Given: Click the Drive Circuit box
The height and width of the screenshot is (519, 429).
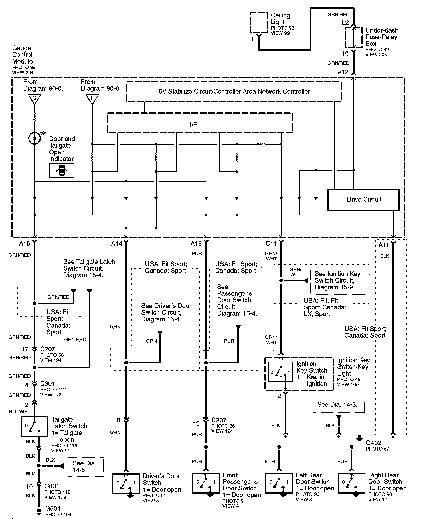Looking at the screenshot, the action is [x=363, y=200].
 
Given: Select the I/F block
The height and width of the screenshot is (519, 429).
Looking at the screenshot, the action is [x=200, y=123].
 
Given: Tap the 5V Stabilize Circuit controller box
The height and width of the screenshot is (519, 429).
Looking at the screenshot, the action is [x=234, y=92].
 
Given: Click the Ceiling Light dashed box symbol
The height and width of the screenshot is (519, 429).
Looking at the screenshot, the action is [x=259, y=23].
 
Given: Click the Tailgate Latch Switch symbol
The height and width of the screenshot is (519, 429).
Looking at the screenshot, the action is [x=34, y=427].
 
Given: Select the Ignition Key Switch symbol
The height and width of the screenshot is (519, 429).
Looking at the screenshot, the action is [x=280, y=372].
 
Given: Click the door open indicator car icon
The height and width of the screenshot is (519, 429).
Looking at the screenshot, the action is [x=62, y=171].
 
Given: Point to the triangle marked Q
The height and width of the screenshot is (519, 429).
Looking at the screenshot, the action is [x=35, y=99].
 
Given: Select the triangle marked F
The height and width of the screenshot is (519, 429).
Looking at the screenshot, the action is [x=92, y=99].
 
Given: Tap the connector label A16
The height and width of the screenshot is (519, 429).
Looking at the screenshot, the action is [x=25, y=243].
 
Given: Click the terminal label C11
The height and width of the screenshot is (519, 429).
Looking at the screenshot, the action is [x=271, y=243].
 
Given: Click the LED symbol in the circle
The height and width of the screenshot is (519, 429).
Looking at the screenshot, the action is [x=35, y=138].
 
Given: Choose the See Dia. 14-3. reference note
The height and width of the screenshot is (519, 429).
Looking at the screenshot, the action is [x=337, y=404].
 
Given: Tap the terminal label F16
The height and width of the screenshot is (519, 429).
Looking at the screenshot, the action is [x=343, y=53].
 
